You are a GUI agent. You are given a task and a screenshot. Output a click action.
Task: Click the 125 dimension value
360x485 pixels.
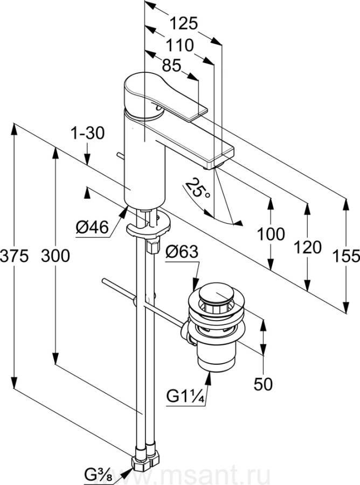(183, 24)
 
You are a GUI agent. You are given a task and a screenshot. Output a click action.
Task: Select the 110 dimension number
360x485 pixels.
(179, 45)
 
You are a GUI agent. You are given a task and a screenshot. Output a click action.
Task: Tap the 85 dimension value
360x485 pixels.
(171, 65)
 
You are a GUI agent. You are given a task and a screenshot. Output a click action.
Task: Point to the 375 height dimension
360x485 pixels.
(14, 256)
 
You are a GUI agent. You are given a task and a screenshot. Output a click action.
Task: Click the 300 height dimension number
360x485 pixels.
(56, 256)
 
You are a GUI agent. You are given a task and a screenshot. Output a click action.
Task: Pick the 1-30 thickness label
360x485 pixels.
(88, 134)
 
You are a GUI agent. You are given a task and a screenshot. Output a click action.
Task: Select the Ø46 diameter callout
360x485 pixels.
(92, 228)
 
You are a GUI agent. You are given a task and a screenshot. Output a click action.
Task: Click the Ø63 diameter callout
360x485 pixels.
(182, 252)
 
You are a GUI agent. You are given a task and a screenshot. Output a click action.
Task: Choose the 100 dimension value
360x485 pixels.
(271, 234)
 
